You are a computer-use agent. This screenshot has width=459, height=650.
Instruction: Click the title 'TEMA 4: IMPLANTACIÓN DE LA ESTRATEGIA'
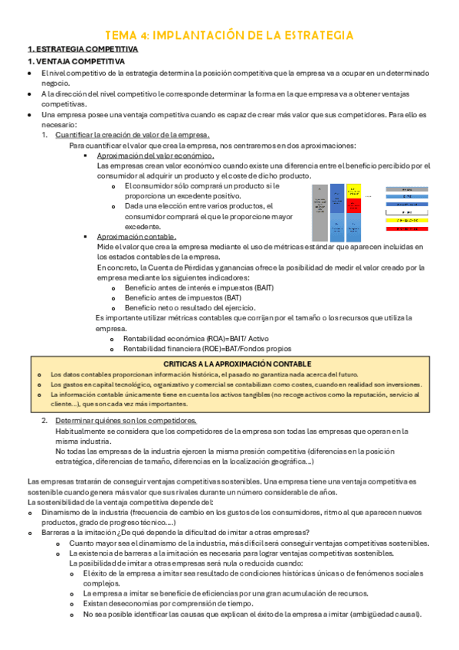click(229, 35)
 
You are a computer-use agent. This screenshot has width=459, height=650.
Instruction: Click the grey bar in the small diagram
click(319, 214)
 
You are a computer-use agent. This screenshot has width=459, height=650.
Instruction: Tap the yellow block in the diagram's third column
click(352, 190)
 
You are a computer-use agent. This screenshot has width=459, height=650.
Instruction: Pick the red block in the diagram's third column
click(352, 207)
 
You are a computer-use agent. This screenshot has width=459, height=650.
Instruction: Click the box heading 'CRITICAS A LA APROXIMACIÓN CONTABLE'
click(238, 363)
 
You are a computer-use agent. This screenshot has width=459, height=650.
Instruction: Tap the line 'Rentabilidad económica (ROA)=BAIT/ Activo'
click(196, 338)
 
